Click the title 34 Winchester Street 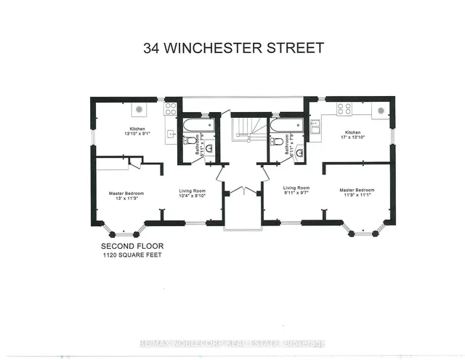[232, 49]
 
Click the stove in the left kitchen [170, 108]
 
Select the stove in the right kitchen [344, 108]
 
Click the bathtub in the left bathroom [197, 124]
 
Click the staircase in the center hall [246, 130]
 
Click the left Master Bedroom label [126, 193]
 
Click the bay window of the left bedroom [124, 232]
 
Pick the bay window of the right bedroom [363, 231]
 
